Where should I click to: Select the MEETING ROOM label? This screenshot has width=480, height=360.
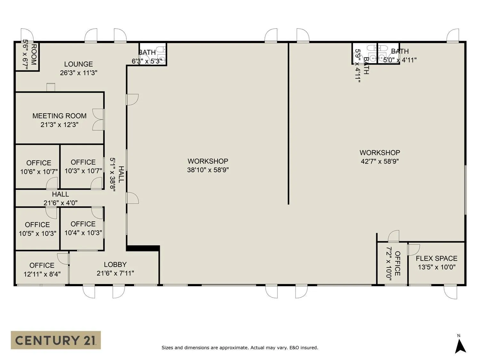(x=60, y=116)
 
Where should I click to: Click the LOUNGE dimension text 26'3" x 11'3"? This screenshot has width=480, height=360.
(x=79, y=73)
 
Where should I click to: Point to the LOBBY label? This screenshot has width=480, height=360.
(x=115, y=265)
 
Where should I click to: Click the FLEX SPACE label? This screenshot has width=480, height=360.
(x=437, y=258)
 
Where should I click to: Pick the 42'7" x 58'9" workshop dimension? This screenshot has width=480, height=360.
(x=380, y=161)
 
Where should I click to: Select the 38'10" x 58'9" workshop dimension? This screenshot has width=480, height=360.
(x=208, y=170)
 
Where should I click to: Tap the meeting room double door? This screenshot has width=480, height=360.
(x=98, y=120)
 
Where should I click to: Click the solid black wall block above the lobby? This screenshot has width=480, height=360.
(x=143, y=248)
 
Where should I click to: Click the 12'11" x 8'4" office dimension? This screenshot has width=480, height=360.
(x=42, y=274)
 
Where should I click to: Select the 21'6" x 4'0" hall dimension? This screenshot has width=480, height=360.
(x=60, y=203)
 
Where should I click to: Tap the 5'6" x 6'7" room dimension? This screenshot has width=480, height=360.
(x=26, y=55)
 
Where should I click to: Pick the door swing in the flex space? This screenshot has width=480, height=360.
(x=413, y=250)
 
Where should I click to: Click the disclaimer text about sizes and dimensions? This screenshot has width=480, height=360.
(x=240, y=348)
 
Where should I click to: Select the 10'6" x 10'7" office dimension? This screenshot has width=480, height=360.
(x=39, y=172)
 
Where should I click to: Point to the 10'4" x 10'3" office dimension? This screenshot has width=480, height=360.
(x=83, y=233)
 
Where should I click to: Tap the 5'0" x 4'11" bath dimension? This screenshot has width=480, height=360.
(x=400, y=60)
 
